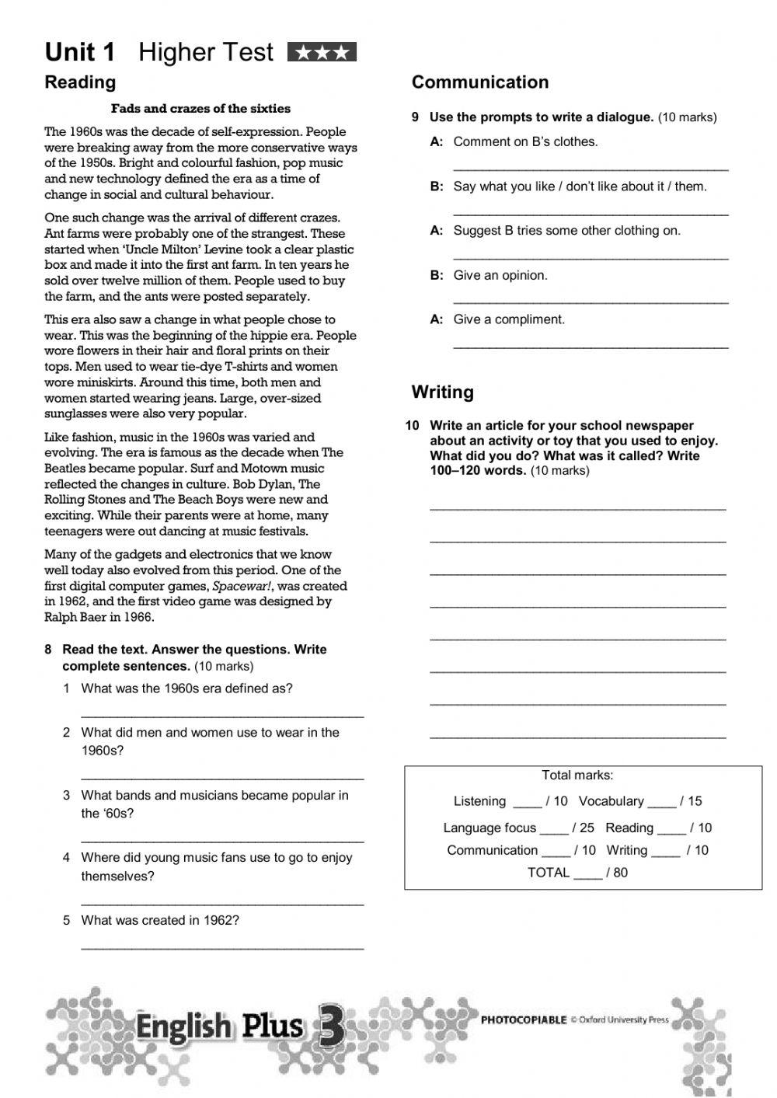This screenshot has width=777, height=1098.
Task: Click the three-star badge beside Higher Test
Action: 322,52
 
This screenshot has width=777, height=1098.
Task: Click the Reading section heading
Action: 80,82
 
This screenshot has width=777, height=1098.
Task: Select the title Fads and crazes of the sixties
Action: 200,109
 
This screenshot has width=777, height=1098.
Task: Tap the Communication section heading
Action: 479,82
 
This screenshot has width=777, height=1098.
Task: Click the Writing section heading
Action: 442,392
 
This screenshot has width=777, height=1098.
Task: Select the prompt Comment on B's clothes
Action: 525,141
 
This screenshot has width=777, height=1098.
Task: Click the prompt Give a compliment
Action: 509,319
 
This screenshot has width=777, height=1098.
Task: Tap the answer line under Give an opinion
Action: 591,301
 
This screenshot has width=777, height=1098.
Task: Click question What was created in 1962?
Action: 160,921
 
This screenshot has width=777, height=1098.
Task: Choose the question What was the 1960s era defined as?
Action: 186,688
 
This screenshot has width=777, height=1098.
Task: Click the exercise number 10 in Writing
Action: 412,426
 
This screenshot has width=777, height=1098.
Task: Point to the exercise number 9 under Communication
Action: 416,117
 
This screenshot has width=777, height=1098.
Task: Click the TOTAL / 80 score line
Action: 577,873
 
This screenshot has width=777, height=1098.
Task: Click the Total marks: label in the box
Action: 577,775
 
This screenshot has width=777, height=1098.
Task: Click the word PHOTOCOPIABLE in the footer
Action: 524,1020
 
